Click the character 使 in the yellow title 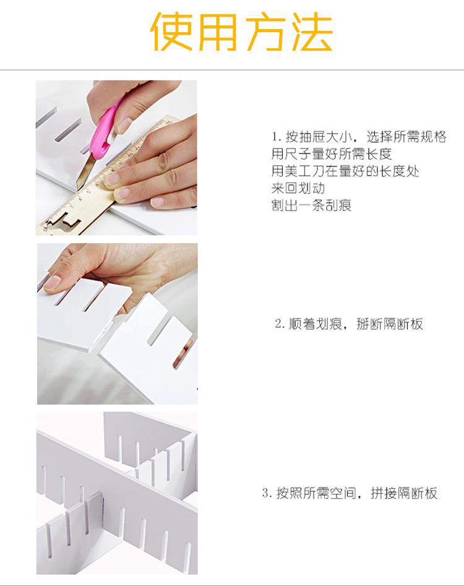(171, 32)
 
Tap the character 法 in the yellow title (312, 32)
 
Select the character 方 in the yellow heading (265, 32)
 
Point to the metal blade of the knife (85, 173)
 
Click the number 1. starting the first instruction (277, 137)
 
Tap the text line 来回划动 (298, 188)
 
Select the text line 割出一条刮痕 (312, 205)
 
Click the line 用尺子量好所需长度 (332, 153)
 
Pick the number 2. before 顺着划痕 (280, 324)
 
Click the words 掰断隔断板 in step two (390, 324)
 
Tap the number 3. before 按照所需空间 (267, 493)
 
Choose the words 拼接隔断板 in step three (404, 493)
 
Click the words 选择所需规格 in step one (406, 137)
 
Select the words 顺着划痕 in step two (316, 324)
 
